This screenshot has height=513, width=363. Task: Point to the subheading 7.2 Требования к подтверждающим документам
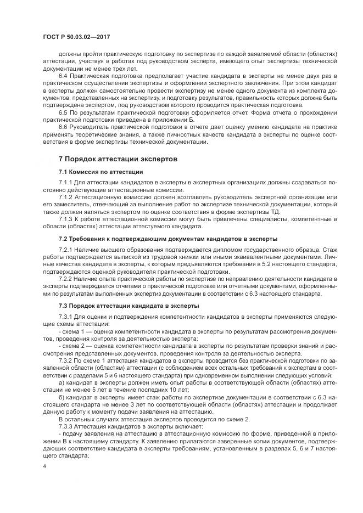(168, 239)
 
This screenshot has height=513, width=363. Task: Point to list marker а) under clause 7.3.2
(61, 382)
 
